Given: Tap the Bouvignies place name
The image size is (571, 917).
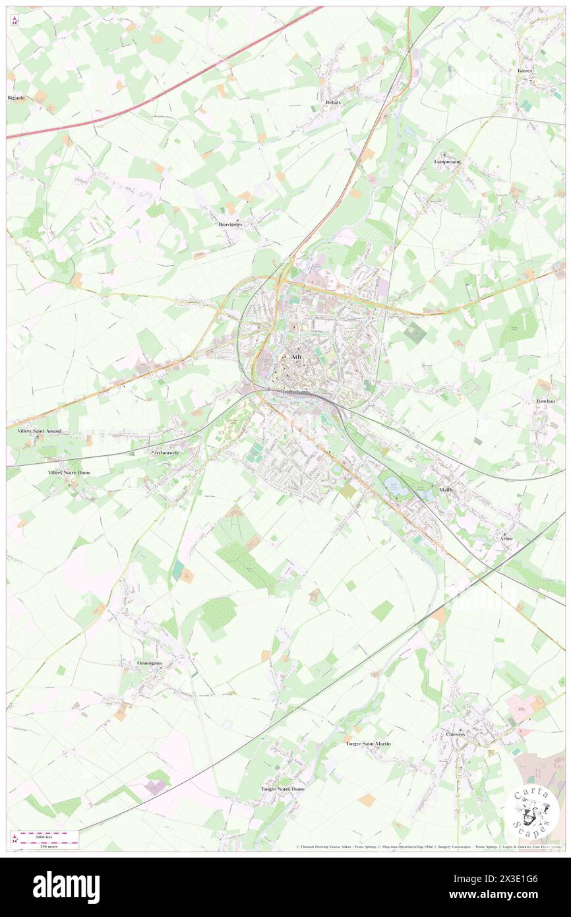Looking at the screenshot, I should [230, 224].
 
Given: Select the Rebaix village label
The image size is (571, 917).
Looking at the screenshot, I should [333, 103].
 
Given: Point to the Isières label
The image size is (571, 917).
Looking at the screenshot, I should [525, 70].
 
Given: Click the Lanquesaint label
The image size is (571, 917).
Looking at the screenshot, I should [448, 162].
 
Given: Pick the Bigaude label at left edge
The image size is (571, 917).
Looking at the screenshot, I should [16, 98].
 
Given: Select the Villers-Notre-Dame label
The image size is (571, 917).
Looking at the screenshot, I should [69, 473].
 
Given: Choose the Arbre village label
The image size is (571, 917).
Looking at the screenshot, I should [506, 539].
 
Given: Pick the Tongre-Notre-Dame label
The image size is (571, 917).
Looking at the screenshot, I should [283, 789].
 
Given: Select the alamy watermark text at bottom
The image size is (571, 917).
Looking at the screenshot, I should [66, 887].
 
